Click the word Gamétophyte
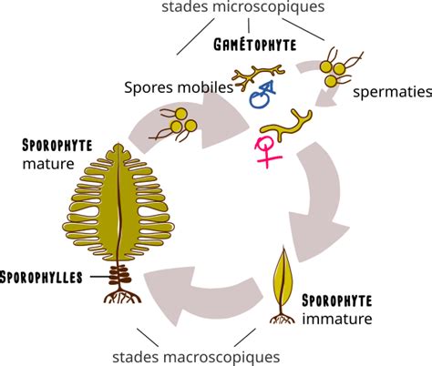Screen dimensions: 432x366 point(254,45)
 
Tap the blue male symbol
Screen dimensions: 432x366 point(262,95)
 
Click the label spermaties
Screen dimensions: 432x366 point(392,91)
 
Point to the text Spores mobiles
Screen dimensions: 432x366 point(179,87)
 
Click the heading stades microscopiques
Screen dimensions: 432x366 point(243,6)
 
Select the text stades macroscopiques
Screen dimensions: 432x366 point(196,357)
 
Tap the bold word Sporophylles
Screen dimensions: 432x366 point(41,278)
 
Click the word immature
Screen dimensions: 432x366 point(337,319)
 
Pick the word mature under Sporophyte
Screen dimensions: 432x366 point(48,164)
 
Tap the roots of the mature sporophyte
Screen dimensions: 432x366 point(122,295)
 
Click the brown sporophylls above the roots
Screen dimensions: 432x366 point(120,275)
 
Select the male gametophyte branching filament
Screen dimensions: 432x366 point(258,76)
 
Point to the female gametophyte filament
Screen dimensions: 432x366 point(286,126)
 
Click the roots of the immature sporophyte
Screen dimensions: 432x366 point(283,318)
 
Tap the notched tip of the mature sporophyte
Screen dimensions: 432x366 point(118,148)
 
